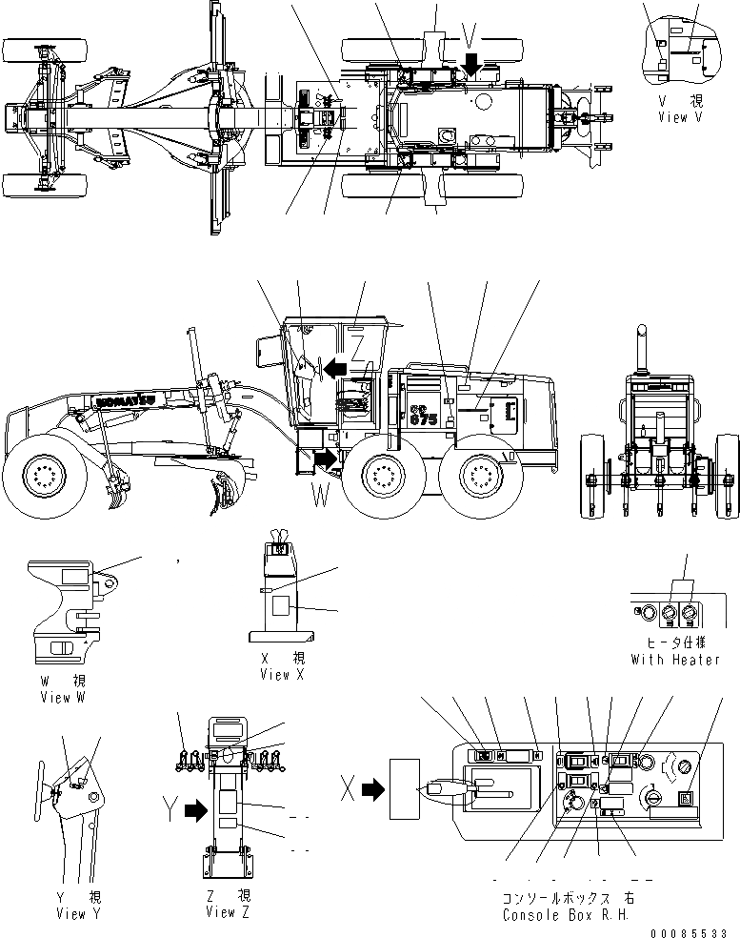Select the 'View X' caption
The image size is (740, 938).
[x=282, y=674]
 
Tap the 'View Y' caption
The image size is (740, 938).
[x=84, y=914]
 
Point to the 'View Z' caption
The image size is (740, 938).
[x=228, y=912]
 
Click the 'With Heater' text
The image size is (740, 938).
[x=675, y=660]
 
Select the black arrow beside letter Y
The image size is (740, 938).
[x=195, y=810]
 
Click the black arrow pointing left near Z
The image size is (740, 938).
[x=334, y=366]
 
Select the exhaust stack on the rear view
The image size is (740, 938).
[x=641, y=347]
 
